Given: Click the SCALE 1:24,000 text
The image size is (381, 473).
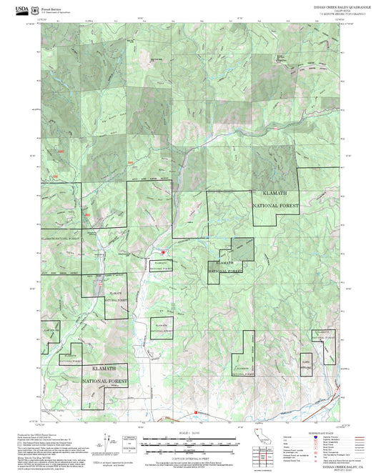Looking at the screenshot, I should pyautogui.click(x=190, y=433).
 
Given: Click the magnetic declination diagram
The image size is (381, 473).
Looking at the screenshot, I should pyautogui.click(x=130, y=440).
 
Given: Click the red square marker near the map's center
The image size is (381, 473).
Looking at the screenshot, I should pyautogui.click(x=163, y=252).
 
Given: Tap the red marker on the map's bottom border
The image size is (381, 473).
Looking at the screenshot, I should pyautogui.click(x=195, y=412).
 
